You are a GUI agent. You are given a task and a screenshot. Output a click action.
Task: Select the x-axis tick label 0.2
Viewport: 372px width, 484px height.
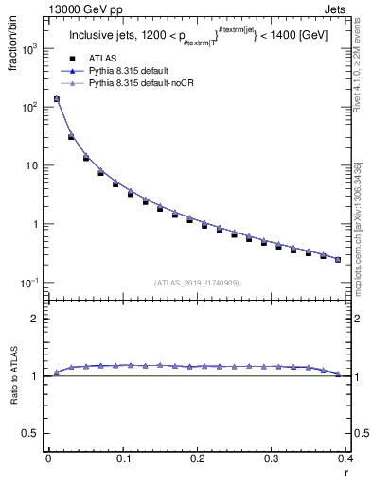pyautogui.click(x=197, y=458)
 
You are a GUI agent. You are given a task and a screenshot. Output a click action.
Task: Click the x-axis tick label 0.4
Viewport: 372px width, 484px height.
pyautogui.click(x=345, y=458)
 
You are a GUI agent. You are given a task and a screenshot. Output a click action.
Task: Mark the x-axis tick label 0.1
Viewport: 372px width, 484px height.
pyautogui.click(x=122, y=458)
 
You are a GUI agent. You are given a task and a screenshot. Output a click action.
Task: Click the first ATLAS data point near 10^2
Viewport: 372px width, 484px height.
pyautogui.click(x=56, y=99)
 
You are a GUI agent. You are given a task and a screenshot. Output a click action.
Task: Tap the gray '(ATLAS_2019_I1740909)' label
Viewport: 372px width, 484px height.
pyautogui.click(x=197, y=281)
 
